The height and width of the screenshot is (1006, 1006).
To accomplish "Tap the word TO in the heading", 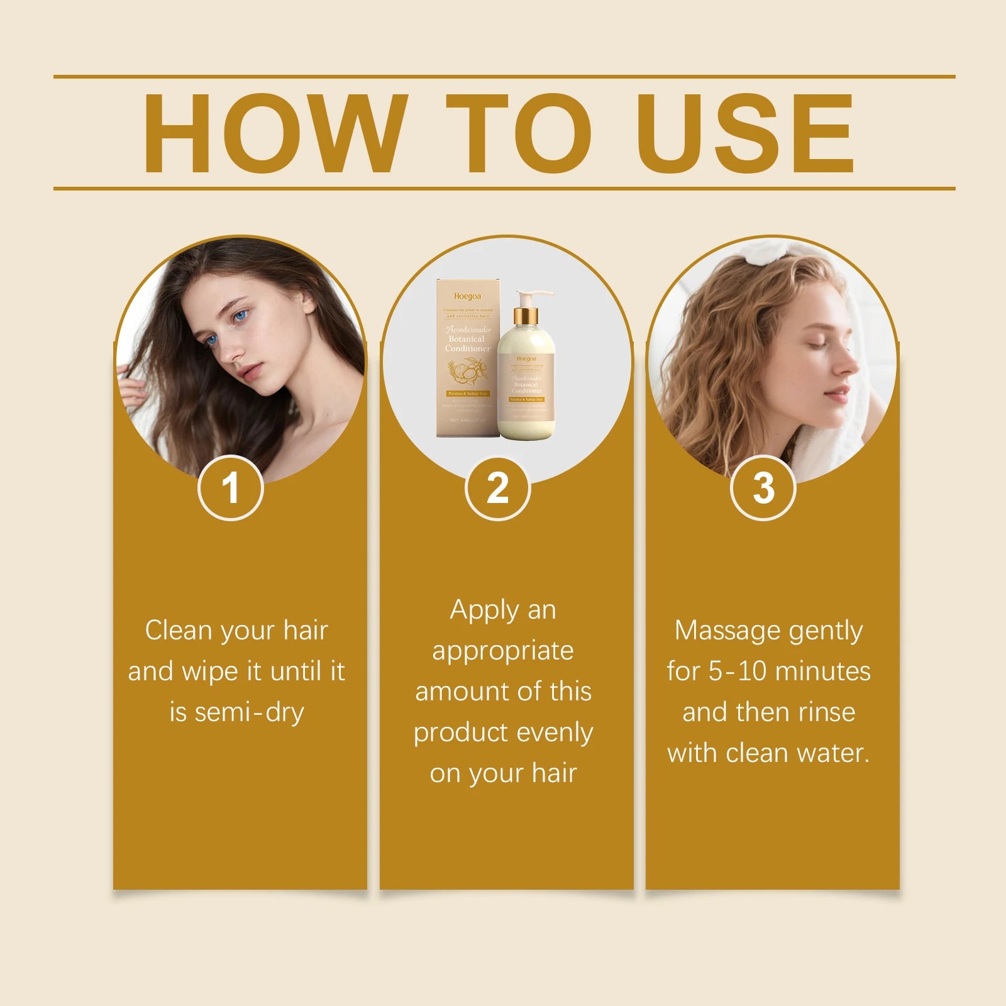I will coord(519,133).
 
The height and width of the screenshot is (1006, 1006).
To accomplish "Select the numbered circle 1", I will coord(230,488).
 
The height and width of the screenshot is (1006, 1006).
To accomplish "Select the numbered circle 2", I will coord(497,488).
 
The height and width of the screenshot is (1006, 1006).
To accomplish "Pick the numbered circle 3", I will coord(763,488).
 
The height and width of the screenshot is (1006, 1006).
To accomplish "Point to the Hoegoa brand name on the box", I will coord(467,296).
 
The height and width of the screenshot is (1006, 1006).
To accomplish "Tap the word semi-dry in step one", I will coord(249,712).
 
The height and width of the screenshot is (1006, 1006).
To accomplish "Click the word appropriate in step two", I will coord(503,651).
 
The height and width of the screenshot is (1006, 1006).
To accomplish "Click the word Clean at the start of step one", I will coord(178,631).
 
